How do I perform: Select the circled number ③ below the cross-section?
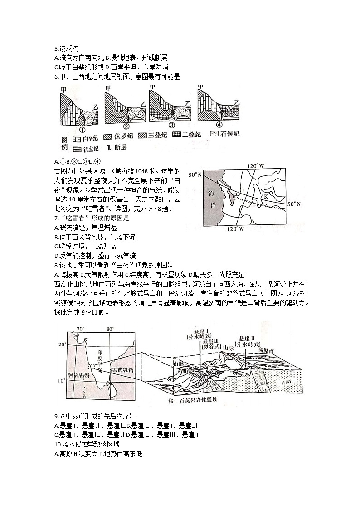pos(171,125)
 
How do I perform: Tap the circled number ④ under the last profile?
pos(219,125)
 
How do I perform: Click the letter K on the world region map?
pos(267,197)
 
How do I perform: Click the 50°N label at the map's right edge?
pos(295,204)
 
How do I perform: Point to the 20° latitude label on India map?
pos(62,345)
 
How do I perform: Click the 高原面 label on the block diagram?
pos(266,350)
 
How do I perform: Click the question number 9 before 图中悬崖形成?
pos(55,416)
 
